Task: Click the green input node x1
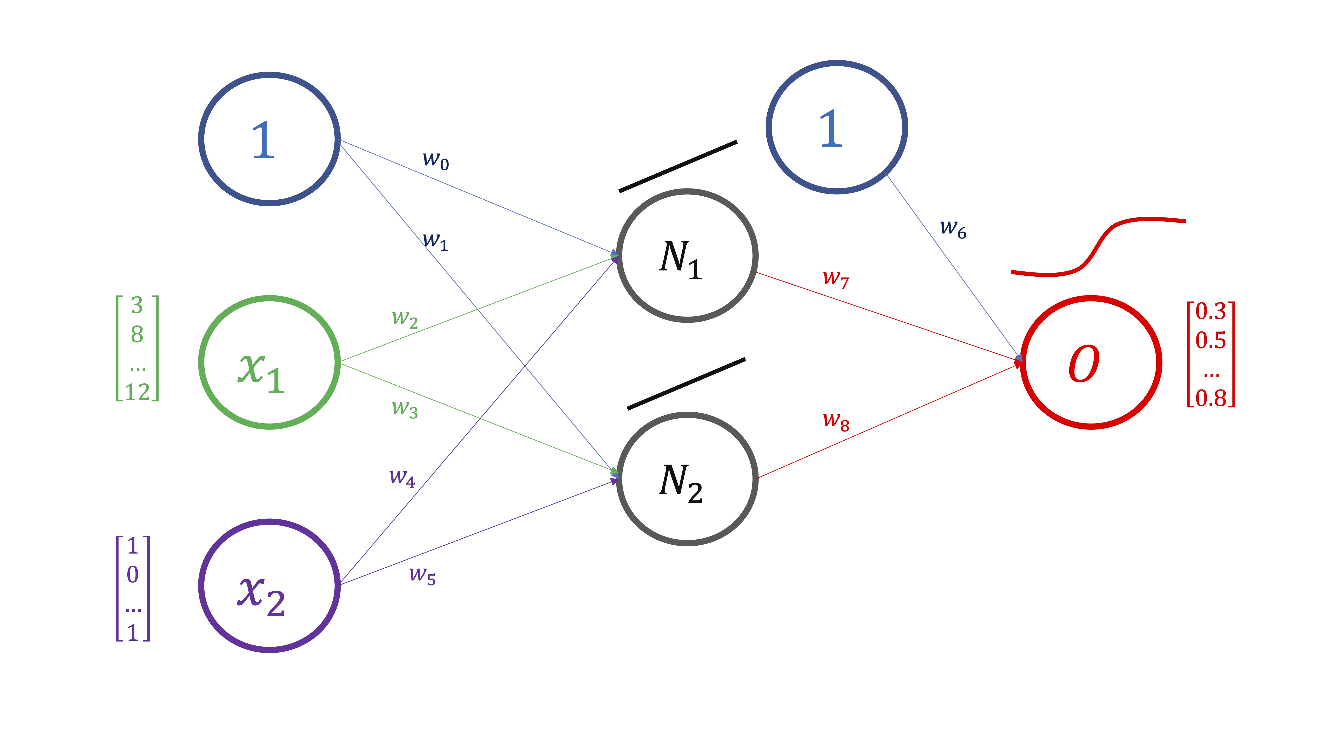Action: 269,362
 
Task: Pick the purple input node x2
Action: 269,585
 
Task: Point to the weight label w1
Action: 435,241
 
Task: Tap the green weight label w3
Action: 404,409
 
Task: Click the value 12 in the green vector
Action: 137,392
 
